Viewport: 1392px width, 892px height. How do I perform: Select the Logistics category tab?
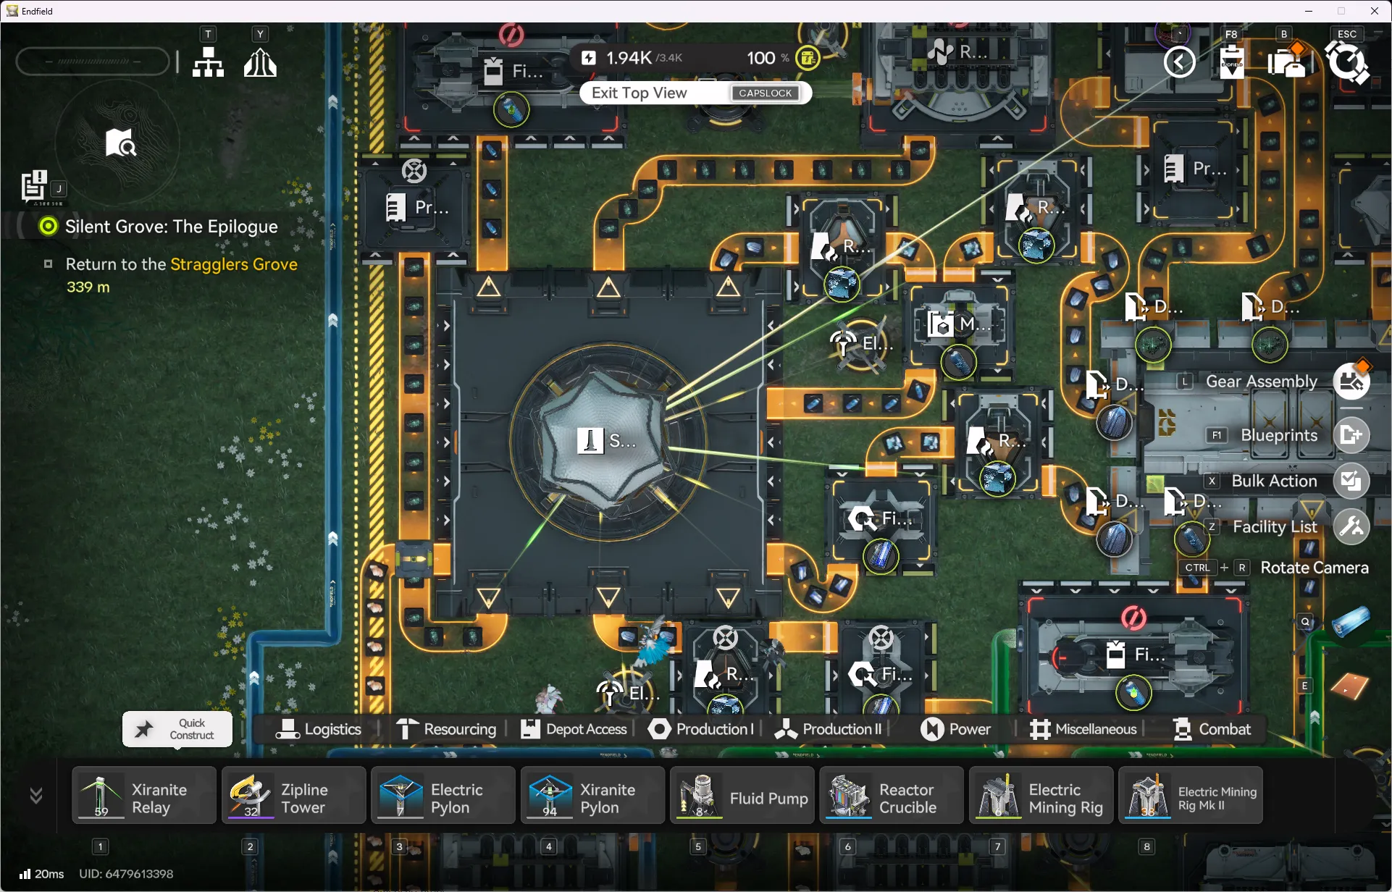pos(319,729)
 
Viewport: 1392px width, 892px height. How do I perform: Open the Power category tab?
pos(955,729)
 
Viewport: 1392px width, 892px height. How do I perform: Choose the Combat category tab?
pos(1212,729)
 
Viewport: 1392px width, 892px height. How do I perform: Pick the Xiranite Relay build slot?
pos(144,795)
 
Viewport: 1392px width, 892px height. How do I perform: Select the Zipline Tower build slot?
pos(293,795)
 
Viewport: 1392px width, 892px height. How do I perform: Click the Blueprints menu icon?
pos(1351,435)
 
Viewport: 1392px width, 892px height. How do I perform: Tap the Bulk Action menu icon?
pos(1351,481)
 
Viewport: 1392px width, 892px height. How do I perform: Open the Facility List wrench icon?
pos(1351,526)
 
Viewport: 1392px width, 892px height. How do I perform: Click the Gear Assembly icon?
pos(1351,382)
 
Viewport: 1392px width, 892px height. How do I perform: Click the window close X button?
pos(1374,11)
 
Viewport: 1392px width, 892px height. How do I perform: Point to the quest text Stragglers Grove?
pos(233,264)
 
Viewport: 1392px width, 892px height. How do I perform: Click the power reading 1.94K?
pos(628,58)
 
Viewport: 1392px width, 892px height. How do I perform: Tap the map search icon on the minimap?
pos(120,143)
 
